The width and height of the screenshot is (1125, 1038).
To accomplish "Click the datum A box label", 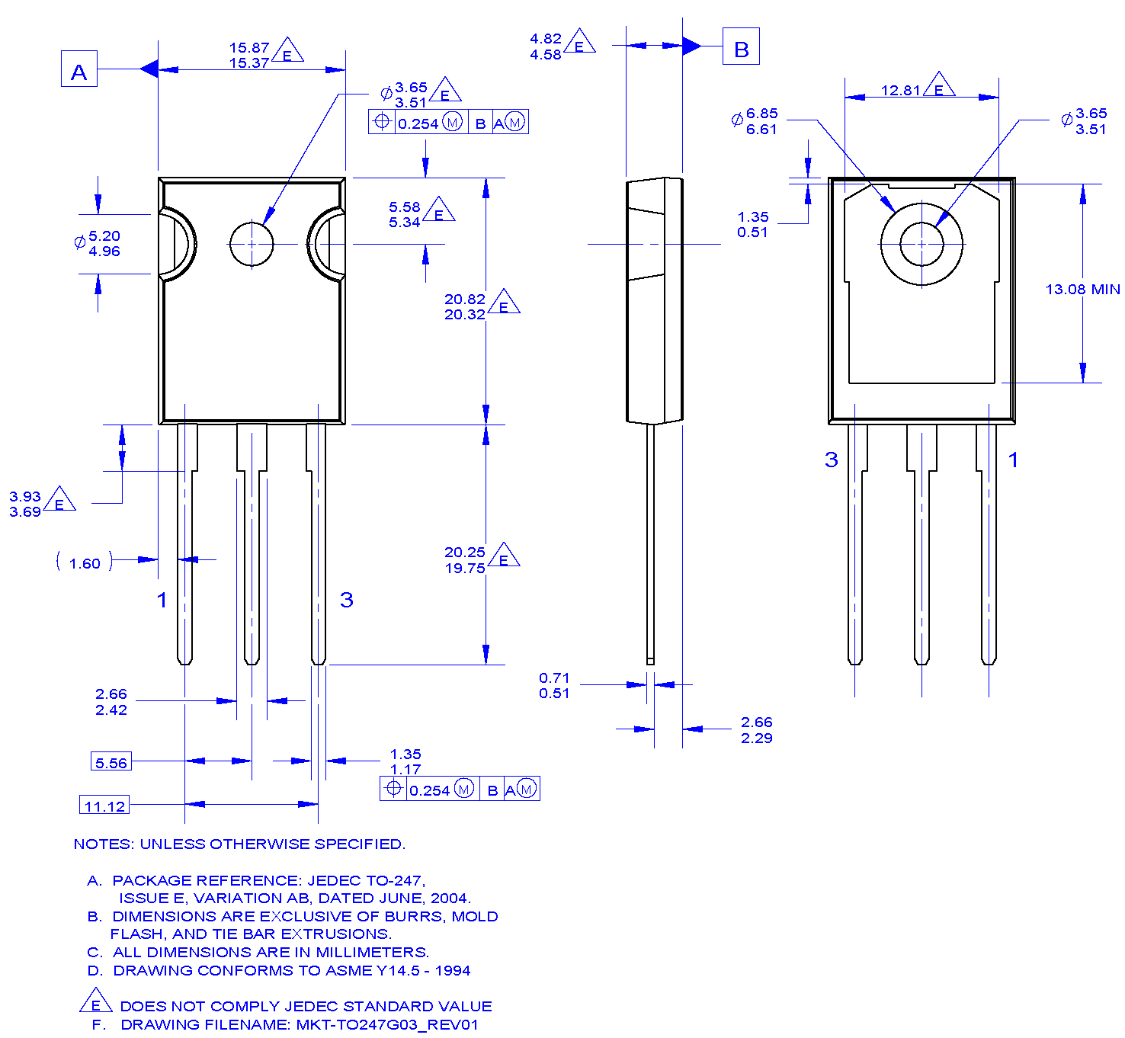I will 79,69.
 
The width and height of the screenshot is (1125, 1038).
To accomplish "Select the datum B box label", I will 740,46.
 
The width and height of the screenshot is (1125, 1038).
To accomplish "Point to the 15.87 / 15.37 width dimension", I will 249,56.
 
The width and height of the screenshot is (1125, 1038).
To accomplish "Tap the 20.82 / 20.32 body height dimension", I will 465,307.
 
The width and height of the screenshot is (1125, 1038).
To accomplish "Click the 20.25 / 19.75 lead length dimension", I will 465,560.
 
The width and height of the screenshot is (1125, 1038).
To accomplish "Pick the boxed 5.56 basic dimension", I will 111,762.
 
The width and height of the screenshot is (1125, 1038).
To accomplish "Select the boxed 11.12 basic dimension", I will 104,806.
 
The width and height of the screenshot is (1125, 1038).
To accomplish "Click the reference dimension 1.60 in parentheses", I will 85,563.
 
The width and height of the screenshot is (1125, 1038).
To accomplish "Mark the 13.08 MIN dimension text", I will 1082,290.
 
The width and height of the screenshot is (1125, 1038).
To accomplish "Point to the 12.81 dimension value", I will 900,91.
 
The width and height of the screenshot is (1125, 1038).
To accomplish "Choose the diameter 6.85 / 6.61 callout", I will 761,121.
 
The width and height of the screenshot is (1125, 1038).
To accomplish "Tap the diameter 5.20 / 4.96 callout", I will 103,244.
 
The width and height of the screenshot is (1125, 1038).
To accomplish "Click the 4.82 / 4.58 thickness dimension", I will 546,46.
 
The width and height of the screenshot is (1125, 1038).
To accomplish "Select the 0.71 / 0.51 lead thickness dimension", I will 554,686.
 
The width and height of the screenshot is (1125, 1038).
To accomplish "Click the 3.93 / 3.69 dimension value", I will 25,505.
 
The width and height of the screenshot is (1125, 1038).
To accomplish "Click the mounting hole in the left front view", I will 252,244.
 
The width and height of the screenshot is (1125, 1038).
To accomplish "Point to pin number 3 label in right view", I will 831,460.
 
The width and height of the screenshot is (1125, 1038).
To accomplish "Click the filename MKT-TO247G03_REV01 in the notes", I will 387,1025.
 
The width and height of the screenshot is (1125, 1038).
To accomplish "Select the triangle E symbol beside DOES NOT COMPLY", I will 96,1002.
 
